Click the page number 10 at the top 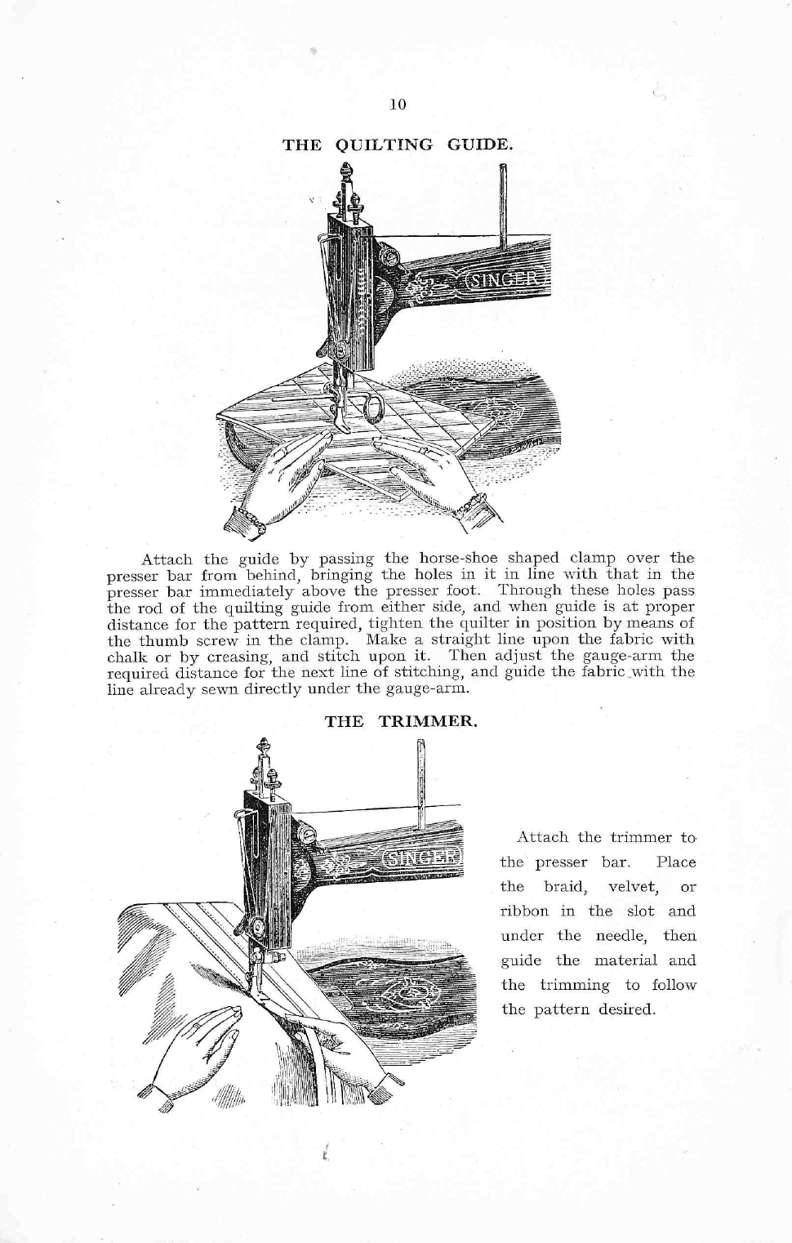tap(398, 105)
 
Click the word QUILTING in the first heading tap(384, 145)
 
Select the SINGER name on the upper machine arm tap(504, 280)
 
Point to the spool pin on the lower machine tap(421, 780)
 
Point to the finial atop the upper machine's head tap(345, 173)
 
